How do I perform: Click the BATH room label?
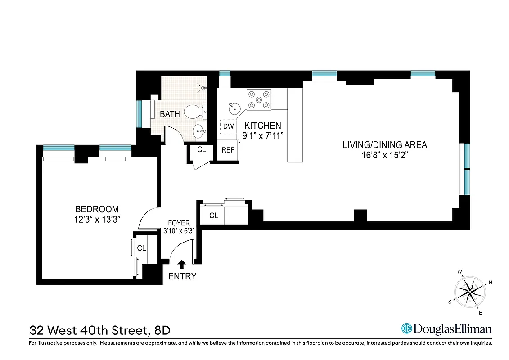[170, 114]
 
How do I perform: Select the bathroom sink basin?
[199, 132]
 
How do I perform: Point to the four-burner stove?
[259, 100]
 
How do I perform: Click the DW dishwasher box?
[229, 126]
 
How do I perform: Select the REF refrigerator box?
[228, 150]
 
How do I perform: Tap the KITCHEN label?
[262, 126]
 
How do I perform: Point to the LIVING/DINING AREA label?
[385, 145]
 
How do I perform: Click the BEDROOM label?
[97, 209]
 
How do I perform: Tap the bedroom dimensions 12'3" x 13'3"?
[97, 219]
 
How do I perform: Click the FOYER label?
[179, 223]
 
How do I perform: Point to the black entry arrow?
[182, 264]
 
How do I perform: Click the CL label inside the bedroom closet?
[141, 248]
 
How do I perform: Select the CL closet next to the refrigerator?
[202, 149]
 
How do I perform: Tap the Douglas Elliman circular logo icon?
[407, 328]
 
